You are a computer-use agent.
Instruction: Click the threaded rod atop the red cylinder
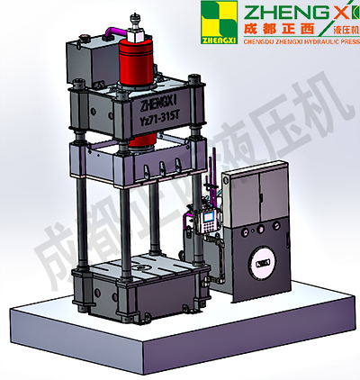[135, 19]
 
